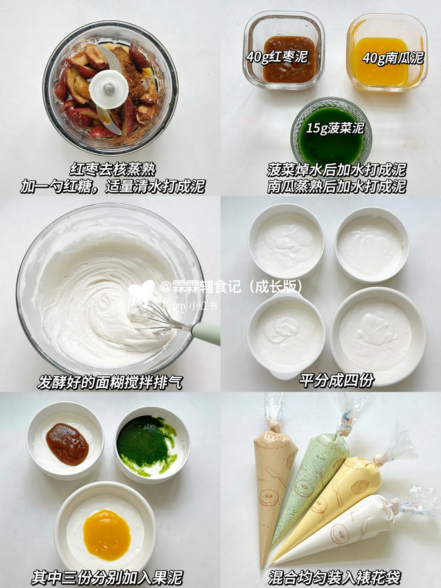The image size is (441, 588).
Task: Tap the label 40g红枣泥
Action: (277, 56)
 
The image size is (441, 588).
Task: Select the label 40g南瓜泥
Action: (393, 57)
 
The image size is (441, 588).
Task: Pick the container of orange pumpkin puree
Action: (387, 53)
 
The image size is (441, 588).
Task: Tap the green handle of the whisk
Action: (206, 334)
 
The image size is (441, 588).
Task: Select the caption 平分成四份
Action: (336, 381)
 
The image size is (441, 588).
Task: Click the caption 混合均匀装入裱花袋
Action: (334, 576)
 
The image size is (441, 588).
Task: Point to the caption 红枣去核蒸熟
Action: (113, 169)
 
